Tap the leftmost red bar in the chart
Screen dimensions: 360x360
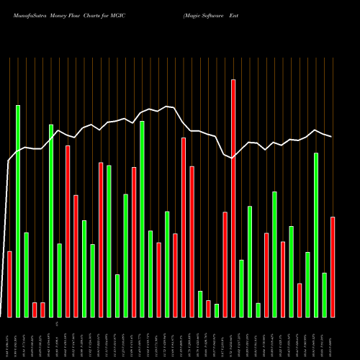point(9,284)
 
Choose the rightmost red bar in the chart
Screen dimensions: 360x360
point(333,266)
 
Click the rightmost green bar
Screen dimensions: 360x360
point(324,294)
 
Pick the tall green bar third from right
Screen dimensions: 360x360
point(316,235)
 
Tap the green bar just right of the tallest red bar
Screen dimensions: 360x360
point(241,288)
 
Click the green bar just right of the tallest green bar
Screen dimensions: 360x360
point(26,274)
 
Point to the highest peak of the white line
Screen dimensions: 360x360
point(167,106)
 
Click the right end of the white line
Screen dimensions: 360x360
point(332,137)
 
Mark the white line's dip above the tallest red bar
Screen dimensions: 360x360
point(233,157)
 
